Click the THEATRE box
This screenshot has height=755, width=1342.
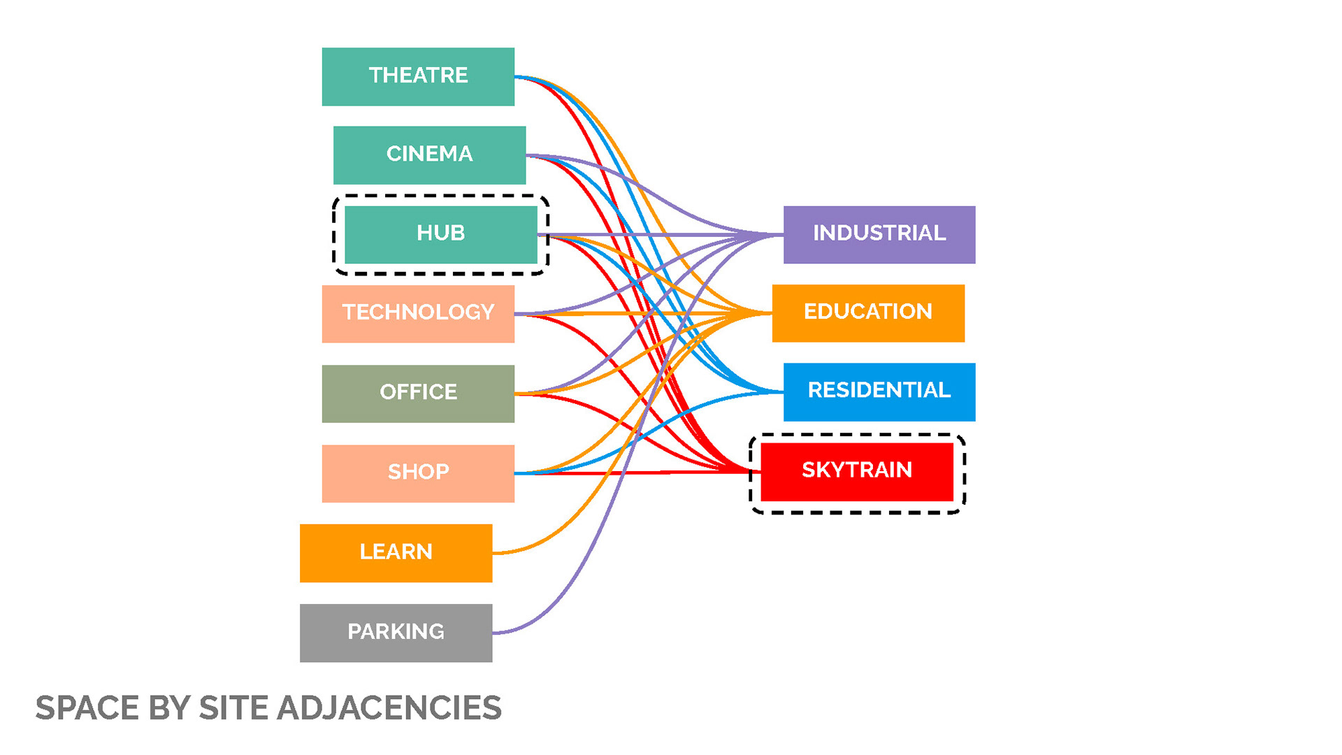(x=418, y=76)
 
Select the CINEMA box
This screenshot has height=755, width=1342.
(x=429, y=154)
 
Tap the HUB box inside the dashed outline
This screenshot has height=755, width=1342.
(x=440, y=234)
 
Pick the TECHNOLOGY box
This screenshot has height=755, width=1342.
(x=418, y=313)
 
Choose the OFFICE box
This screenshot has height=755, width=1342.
(x=418, y=393)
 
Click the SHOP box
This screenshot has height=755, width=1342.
(x=418, y=473)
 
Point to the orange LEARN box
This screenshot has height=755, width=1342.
(x=396, y=553)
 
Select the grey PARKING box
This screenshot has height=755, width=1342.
(x=396, y=633)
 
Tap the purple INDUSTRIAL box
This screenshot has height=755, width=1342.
(x=879, y=234)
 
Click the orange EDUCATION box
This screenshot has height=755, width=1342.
(x=867, y=312)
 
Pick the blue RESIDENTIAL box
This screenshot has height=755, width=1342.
(x=879, y=391)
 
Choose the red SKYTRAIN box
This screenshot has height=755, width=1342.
(x=856, y=471)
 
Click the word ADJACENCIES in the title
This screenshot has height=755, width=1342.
(x=389, y=708)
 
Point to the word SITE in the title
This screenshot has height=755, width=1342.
(x=233, y=708)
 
